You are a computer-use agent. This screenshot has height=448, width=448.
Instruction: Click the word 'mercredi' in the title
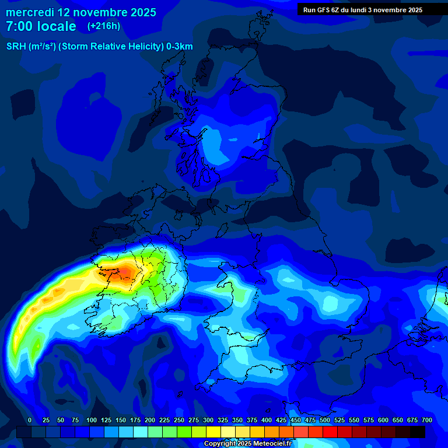[30, 12]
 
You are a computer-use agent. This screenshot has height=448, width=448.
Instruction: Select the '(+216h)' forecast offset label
[103, 26]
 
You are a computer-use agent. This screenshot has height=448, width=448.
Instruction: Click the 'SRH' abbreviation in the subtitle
[16, 47]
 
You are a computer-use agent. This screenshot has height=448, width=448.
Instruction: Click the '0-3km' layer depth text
[179, 47]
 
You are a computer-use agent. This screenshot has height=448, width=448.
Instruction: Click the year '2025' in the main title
[143, 12]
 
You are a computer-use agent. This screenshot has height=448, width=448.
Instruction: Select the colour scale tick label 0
[30, 420]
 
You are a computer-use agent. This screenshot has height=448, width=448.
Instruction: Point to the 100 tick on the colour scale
[92, 420]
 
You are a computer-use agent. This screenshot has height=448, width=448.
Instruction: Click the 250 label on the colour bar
[179, 420]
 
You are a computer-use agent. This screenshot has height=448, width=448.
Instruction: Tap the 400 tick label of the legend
[267, 420]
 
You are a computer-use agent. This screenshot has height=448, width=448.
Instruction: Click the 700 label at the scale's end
[427, 420]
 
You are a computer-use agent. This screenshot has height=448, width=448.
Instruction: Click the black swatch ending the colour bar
[418, 432]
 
